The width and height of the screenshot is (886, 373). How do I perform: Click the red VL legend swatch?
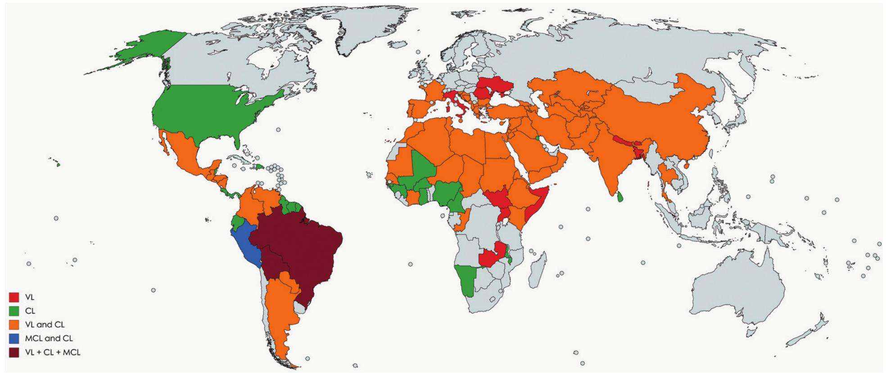point(14,297)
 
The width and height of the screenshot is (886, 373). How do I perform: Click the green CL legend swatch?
point(14,311)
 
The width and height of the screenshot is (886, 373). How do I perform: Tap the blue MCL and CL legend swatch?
point(14,338)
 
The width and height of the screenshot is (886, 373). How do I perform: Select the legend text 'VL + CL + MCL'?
point(53,352)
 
